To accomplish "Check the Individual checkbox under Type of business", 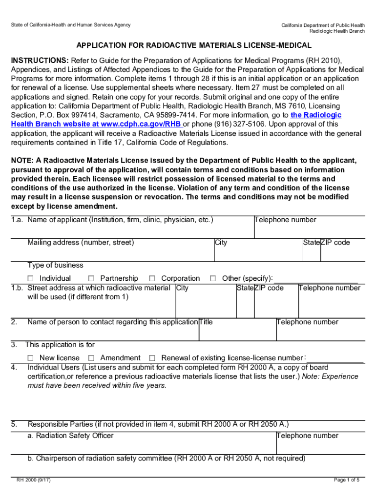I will pyautogui.click(x=31, y=278).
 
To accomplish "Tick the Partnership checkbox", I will pyautogui.click(x=91, y=278).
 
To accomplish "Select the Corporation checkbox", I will pyautogui.click(x=152, y=278).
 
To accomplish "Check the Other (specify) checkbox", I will pyautogui.click(x=213, y=278).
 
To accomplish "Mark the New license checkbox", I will pyautogui.click(x=31, y=358).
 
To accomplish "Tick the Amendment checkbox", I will pyautogui.click(x=91, y=358).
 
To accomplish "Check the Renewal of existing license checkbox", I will pyautogui.click(x=152, y=358).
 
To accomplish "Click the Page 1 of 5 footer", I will pyautogui.click(x=347, y=480).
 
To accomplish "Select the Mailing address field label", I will pyautogui.click(x=81, y=243).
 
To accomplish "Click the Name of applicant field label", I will pyautogui.click(x=120, y=220).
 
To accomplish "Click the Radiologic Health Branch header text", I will pyautogui.click(x=337, y=31).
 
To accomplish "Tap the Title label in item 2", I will pyautogui.click(x=206, y=322).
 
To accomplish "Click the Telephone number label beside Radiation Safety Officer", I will pyautogui.click(x=308, y=436).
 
